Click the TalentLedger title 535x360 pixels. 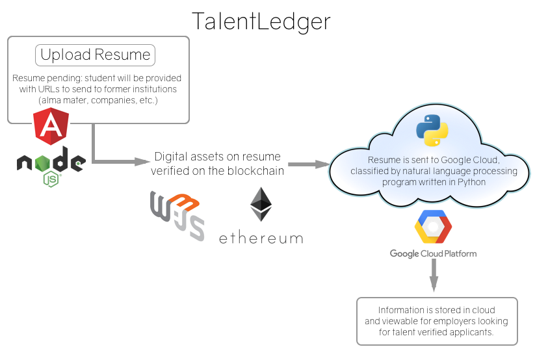click(261, 21)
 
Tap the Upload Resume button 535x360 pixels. click(96, 55)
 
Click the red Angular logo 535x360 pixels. click(51, 127)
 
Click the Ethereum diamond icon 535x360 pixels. click(261, 205)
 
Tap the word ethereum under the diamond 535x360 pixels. click(261, 237)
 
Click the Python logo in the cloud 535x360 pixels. click(432, 130)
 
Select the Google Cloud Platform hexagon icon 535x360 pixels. click(433, 227)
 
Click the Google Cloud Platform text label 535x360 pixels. click(433, 253)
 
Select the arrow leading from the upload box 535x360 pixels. click(117, 159)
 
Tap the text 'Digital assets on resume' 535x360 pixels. click(217, 157)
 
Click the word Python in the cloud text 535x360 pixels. click(471, 182)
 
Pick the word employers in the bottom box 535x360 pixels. click(463, 321)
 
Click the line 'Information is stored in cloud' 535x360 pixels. click(436, 310)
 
